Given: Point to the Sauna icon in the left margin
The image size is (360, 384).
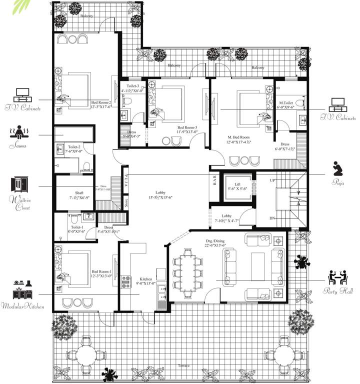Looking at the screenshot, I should pyautogui.click(x=17, y=133).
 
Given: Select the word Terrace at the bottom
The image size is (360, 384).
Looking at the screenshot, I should pyautogui.click(x=183, y=366).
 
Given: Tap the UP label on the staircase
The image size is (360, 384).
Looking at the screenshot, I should pyautogui.click(x=272, y=180).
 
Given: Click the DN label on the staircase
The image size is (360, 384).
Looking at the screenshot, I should pyautogui.click(x=272, y=218).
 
